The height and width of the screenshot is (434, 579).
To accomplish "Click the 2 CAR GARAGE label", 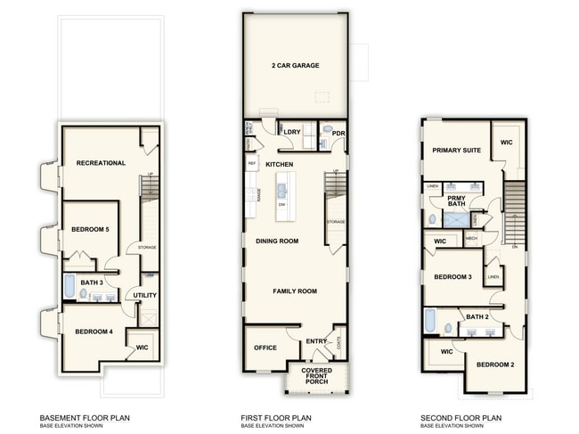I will point(295,66).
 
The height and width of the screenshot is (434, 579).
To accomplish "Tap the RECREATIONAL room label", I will point(101,163).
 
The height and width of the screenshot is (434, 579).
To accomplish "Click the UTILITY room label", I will point(145,296).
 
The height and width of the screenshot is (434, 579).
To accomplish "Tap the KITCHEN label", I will point(279,165).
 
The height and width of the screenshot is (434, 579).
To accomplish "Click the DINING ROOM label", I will point(276,241).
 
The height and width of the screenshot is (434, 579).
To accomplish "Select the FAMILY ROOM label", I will point(295,291).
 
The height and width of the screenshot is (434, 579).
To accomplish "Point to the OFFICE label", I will point(265,348).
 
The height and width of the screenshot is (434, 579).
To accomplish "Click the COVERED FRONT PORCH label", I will point(316,375).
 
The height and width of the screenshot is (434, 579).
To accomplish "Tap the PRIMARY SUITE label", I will point(456,151).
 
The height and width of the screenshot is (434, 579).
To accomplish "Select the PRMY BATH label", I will point(457,201).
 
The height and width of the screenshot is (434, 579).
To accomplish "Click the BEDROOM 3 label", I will point(453,277).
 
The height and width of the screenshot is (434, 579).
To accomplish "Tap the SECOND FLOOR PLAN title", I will point(461,417).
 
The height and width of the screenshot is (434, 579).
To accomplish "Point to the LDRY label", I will point(291,133).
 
